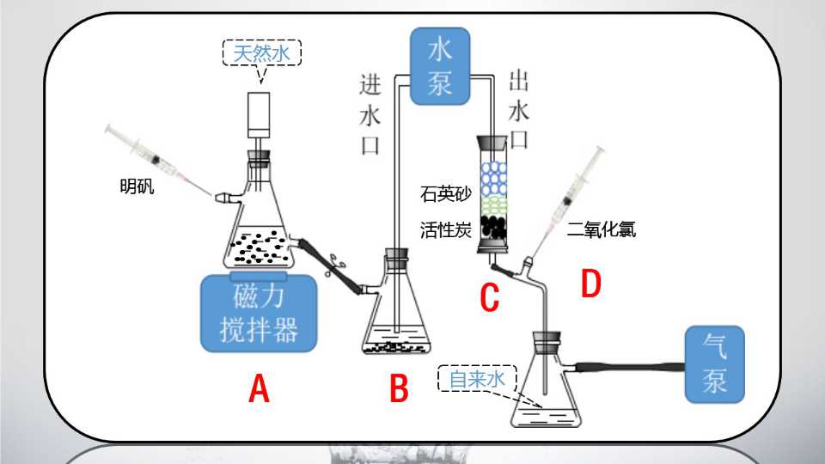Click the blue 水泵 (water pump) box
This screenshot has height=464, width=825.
point(440,66)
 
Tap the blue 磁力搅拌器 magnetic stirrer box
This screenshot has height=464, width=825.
point(259,313)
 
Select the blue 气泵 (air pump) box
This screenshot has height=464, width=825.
point(714,364)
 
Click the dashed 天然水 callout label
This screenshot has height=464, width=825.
point(261,53)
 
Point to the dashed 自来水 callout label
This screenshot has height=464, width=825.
point(477,378)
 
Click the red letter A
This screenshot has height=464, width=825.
point(259,388)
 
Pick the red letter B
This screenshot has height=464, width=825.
point(399,388)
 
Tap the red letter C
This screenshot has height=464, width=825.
point(489,296)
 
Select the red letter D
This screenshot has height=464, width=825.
point(591,284)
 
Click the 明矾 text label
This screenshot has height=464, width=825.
point(137,186)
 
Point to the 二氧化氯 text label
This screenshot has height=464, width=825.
point(602,229)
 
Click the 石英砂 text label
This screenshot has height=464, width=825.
point(446,193)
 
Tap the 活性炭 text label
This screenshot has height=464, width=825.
point(446,230)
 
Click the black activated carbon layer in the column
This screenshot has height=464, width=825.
point(493,227)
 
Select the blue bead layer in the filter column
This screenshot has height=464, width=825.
point(493,178)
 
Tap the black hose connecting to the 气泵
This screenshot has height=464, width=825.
point(630,367)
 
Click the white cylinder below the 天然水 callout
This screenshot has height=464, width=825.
point(259,115)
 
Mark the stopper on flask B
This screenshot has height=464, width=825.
point(397,256)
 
